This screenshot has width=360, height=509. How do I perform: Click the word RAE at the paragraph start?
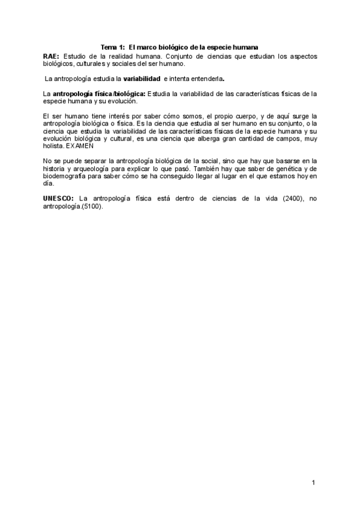click(50, 55)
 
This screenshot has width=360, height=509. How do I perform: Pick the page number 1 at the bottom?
click(314, 483)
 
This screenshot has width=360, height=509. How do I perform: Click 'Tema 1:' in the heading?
click(112, 47)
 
